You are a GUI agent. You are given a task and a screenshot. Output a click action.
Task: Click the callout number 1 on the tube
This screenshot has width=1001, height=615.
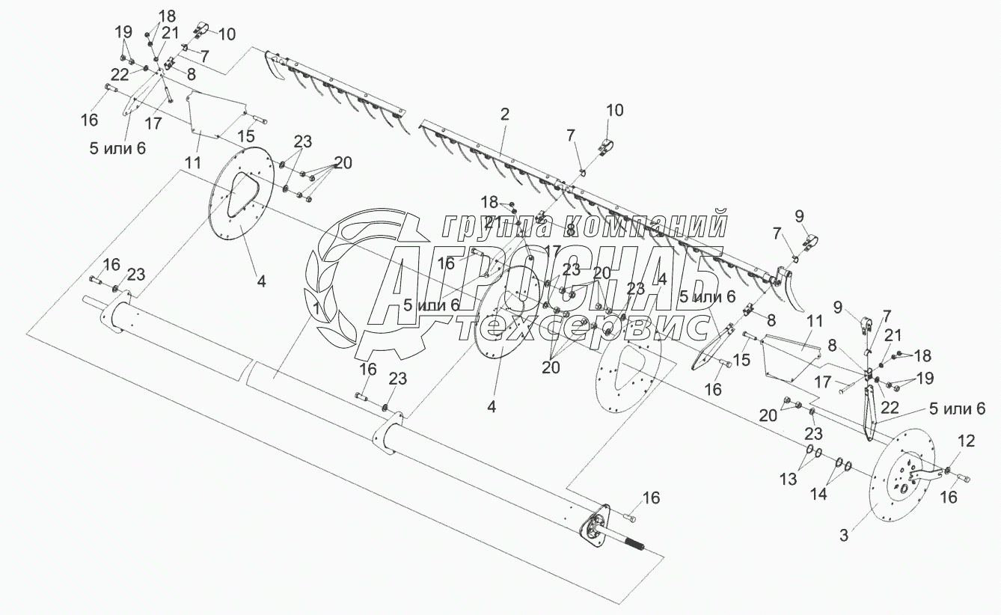pyautogui.click(x=318, y=308)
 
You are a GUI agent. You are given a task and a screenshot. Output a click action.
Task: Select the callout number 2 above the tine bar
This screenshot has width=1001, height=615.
pyautogui.click(x=505, y=114)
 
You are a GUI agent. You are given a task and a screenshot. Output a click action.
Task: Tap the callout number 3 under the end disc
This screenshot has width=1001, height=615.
pyautogui.click(x=844, y=535)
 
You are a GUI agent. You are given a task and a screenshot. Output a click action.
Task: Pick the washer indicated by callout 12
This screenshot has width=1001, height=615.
pyautogui.click(x=949, y=471)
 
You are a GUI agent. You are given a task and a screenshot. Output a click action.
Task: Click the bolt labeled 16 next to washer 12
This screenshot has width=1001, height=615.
pyautogui.click(x=963, y=478)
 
